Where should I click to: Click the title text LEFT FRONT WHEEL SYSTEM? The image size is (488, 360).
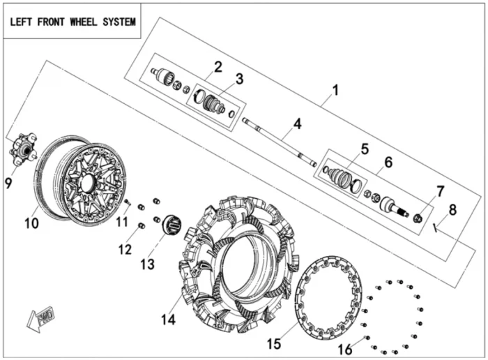click(x=72, y=22)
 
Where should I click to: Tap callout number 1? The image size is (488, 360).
click(x=335, y=90)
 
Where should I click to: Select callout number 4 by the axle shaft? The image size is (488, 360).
click(x=297, y=125)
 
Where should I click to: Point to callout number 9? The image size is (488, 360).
click(x=8, y=183)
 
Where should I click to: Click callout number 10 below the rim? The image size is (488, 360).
click(x=31, y=223)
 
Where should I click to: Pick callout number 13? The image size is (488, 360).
click(x=146, y=264)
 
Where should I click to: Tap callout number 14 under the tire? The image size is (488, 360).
click(x=167, y=319)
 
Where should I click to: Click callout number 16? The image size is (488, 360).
click(x=345, y=349)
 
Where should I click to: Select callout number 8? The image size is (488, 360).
click(x=452, y=209)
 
